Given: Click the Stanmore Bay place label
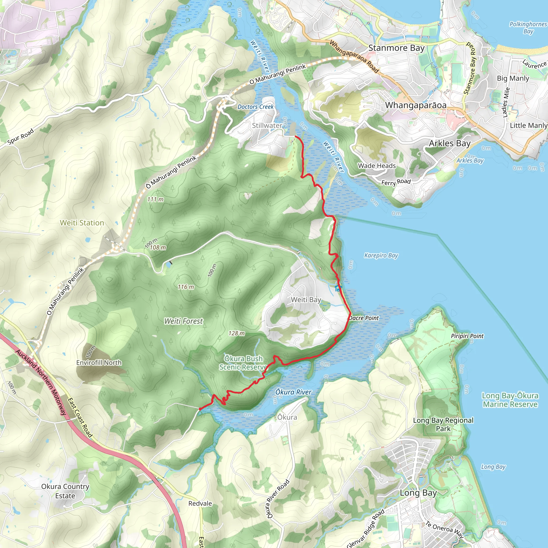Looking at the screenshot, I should pos(396,48).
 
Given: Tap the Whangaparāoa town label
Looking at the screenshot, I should pos(416,105).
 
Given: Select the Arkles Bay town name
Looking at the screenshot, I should pos(450,143).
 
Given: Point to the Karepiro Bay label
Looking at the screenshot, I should pos(381,256).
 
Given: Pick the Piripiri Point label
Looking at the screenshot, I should pos(467,336).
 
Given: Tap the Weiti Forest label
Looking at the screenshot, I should pos(184,321).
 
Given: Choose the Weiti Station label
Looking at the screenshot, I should pos(82,223).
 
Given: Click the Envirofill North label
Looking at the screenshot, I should pos(99,363).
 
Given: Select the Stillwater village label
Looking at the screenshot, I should pos(267,125).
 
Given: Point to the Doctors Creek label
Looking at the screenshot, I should pos(256,107).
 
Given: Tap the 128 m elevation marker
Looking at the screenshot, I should pos(237,334).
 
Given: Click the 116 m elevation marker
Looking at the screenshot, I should pos(186,287).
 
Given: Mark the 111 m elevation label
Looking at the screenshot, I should pos(155,199).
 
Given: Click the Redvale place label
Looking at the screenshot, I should pos(200,504).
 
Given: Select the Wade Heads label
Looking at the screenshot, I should pos(377,166).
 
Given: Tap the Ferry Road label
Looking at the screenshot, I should pos(396,182).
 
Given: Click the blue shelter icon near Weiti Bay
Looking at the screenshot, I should pos(337,289).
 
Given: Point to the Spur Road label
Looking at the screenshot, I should pos(20,136).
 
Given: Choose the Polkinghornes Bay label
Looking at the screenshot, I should pos(528,28).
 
